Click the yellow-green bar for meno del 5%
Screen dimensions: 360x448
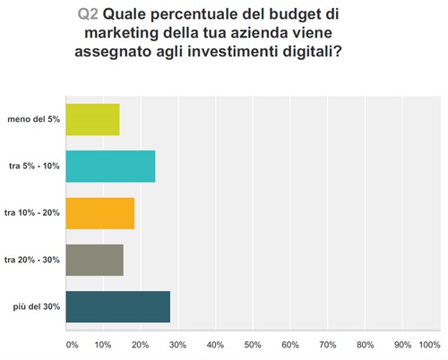pyautogui.click(x=93, y=119)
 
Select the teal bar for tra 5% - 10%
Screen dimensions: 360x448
pyautogui.click(x=111, y=167)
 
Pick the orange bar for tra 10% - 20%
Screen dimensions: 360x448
pyautogui.click(x=100, y=213)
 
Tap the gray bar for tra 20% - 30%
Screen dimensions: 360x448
pyautogui.click(x=95, y=260)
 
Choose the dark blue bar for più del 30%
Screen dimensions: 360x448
pyautogui.click(x=118, y=306)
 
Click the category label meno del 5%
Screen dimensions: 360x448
pyautogui.click(x=33, y=119)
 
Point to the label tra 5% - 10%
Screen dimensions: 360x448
pyautogui.click(x=33, y=167)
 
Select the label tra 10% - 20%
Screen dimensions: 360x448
pyautogui.click(x=31, y=213)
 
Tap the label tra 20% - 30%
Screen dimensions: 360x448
pyautogui.click(x=31, y=260)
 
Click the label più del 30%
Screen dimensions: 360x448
pyautogui.click(x=37, y=306)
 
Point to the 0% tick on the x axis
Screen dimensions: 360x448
pyautogui.click(x=73, y=344)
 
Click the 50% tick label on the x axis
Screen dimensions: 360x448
pyautogui.click(x=253, y=344)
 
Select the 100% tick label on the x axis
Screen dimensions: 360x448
pyautogui.click(x=429, y=344)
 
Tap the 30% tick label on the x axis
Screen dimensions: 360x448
pyautogui.click(x=177, y=344)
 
